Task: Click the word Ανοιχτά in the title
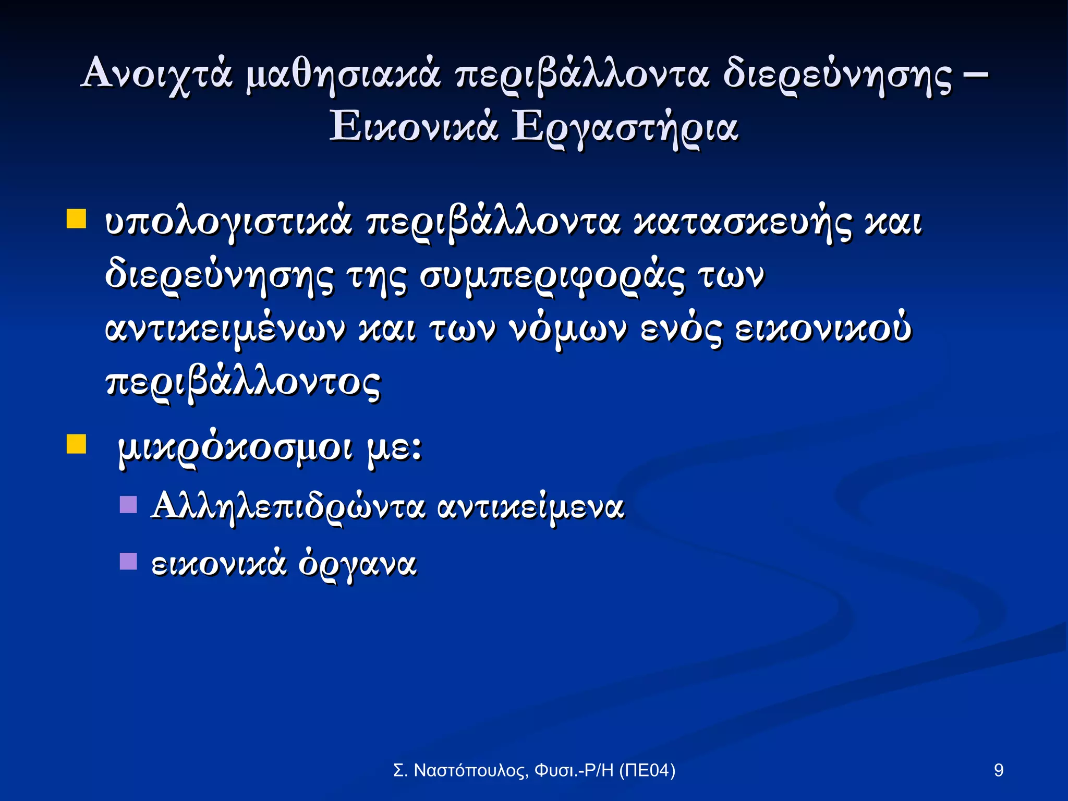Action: coord(156,73)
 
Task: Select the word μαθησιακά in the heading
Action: coord(343,73)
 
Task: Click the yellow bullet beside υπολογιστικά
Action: coord(76,220)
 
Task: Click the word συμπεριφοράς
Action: coord(552,276)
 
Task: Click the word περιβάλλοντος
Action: coord(243,383)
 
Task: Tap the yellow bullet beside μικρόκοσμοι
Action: coord(76,444)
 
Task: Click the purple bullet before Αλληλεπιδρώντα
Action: coord(128,504)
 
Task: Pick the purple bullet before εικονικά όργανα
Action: coord(128,561)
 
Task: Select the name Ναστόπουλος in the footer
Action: coord(469,770)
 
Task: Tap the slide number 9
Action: coord(999,770)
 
